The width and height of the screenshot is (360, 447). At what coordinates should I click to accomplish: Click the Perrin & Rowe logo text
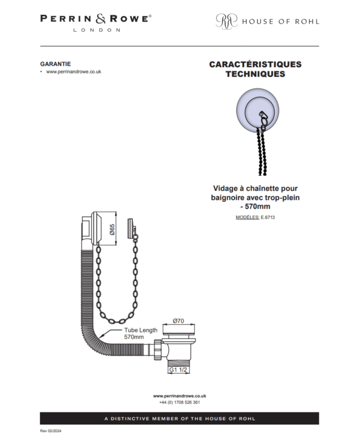(96, 19)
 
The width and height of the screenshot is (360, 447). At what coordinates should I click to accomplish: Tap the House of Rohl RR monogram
(226, 21)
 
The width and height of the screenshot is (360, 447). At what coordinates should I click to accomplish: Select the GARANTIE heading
(56, 64)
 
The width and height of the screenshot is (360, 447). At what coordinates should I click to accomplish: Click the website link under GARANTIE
(74, 71)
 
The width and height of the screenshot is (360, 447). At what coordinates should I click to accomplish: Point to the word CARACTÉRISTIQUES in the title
(256, 64)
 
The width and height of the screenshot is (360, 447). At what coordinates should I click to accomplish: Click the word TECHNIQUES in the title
(256, 74)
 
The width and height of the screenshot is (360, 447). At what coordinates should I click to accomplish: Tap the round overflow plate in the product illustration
(257, 111)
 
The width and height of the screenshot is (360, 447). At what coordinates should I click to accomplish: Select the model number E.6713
(267, 217)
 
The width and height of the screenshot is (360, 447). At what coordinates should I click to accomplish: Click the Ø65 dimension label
(112, 229)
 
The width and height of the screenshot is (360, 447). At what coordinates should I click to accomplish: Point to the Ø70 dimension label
(178, 320)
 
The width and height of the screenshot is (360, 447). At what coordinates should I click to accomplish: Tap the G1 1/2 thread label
(178, 370)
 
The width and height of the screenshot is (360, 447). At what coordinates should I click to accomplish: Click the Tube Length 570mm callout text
(140, 333)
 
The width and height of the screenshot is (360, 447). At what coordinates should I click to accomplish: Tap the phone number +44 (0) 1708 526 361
(179, 402)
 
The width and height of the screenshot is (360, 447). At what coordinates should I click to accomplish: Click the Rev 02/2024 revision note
(51, 431)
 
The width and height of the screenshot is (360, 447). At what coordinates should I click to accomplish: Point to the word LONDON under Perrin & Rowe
(97, 30)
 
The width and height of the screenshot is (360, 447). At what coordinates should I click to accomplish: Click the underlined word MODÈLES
(247, 217)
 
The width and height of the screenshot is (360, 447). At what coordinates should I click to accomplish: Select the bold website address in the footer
(179, 396)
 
